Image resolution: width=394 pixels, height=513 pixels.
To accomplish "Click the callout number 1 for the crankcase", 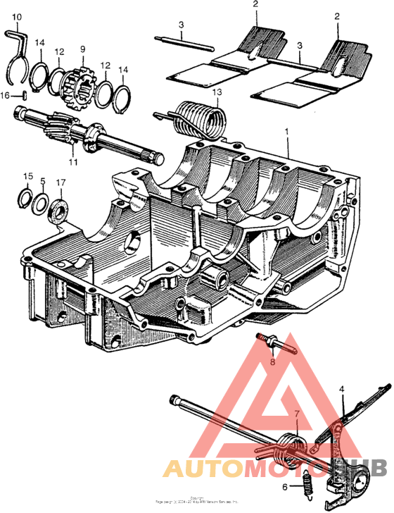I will coord(286,132).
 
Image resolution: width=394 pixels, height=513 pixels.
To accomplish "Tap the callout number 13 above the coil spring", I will coord(217,93).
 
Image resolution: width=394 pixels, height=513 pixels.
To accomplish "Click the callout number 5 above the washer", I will coord(42,181).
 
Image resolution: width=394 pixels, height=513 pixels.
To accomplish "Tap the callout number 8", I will coord(274,364).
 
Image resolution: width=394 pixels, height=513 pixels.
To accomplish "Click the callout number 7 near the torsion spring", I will coord(296,414).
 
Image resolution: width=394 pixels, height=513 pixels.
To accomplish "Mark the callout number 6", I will coord(286,487).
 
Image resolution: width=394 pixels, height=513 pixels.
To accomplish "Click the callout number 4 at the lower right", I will coord(342,388).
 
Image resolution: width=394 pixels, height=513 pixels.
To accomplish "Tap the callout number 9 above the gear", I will coord(82,49).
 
